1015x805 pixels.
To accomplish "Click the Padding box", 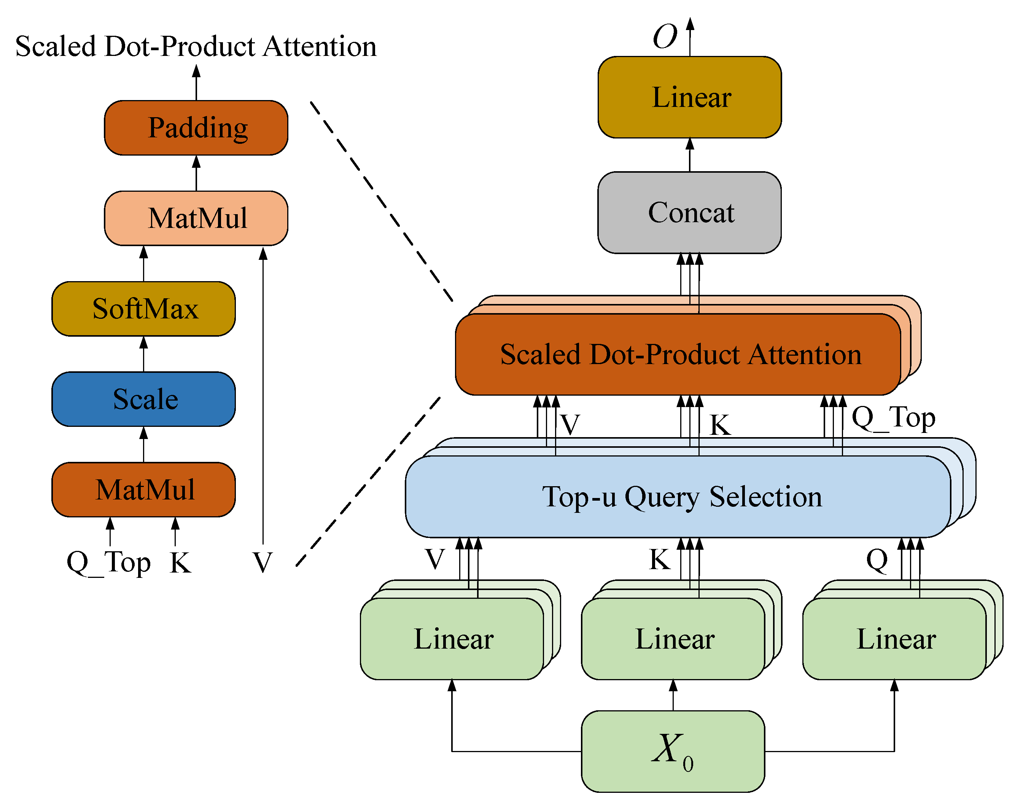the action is click(196, 127).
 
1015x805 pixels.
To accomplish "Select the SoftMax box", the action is click(143, 309).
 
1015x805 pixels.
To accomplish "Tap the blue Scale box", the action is click(143, 399).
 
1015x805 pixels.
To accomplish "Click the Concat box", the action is click(690, 212).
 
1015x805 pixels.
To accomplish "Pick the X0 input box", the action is click(673, 751).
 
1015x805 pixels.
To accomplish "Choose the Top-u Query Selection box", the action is click(678, 496).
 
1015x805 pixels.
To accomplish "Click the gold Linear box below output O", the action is click(690, 97).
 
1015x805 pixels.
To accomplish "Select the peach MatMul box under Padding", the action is click(196, 218).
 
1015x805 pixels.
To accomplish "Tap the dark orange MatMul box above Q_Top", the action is click(143, 490).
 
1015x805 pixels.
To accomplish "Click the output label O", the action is click(665, 37).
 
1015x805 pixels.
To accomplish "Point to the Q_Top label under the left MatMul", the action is click(109, 563).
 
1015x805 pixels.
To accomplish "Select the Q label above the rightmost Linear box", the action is click(877, 560).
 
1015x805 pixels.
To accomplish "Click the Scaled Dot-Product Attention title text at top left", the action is click(196, 47).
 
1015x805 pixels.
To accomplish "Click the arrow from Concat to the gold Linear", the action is click(690, 155).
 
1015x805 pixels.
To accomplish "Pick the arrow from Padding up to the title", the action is click(196, 83).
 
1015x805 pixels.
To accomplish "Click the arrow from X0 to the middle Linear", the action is click(673, 695).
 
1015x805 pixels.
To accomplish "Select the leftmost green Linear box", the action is click(452, 639).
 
